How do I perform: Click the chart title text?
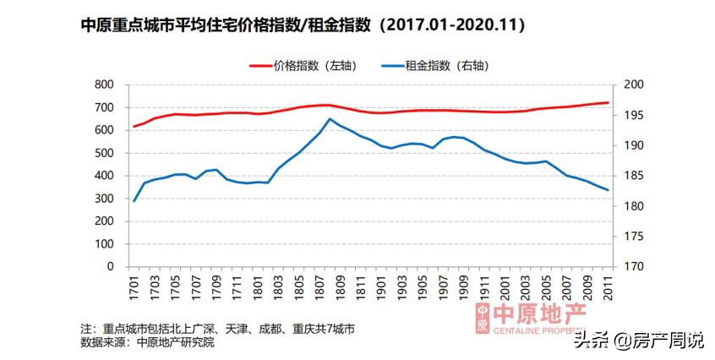[303, 26]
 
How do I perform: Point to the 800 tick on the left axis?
[103, 85]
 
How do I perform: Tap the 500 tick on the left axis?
[103, 153]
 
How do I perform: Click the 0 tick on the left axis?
[110, 266]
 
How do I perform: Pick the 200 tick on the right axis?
[633, 85]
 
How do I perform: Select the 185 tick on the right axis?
[633, 176]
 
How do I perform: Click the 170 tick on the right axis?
[633, 266]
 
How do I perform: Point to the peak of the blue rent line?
[330, 118]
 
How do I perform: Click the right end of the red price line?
[608, 102]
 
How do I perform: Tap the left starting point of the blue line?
[134, 200]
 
